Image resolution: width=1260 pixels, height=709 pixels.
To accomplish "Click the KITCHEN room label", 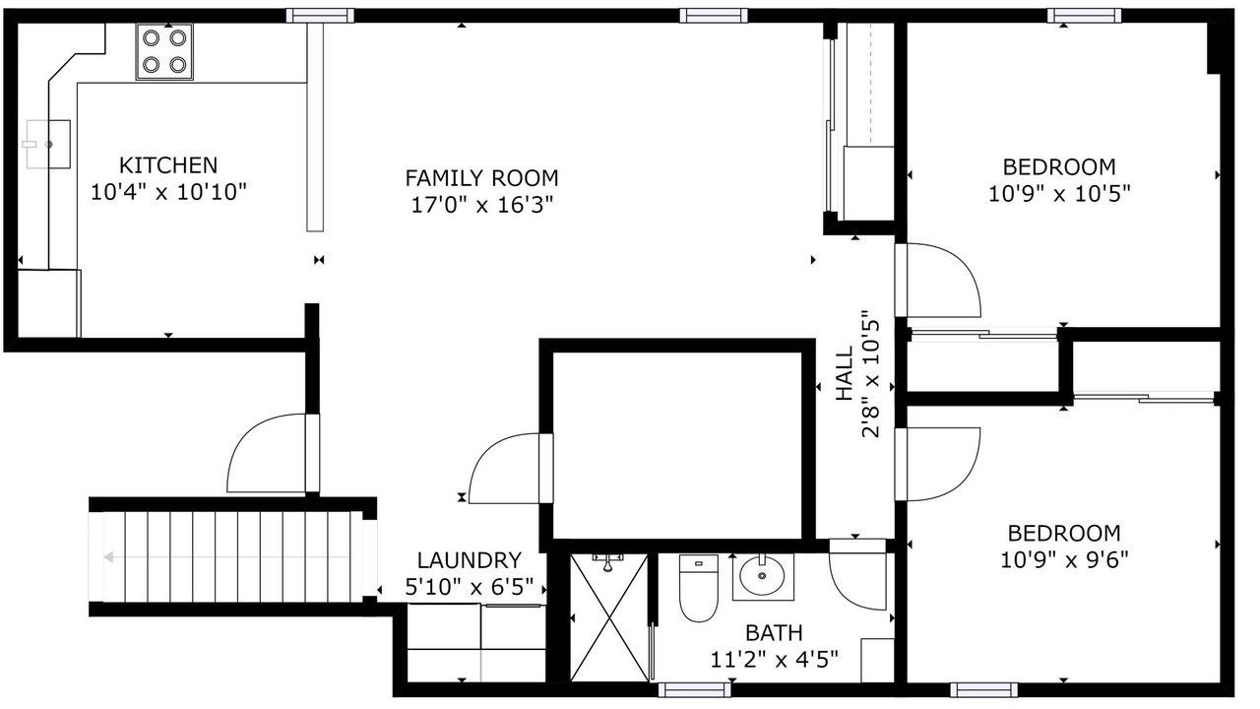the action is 168,165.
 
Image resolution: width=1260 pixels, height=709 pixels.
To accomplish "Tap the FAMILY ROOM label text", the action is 481,178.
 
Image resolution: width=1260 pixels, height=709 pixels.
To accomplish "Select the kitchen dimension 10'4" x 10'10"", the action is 168,192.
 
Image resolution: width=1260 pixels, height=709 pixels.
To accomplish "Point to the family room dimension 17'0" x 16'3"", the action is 482,206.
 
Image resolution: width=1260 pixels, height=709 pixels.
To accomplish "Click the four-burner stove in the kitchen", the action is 164,52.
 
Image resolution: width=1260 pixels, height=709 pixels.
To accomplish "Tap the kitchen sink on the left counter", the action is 48,144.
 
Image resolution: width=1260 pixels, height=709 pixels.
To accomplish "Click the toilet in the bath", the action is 699,588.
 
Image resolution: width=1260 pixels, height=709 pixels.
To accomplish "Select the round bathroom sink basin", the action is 762,576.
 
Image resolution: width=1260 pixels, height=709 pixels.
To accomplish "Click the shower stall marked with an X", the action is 609,617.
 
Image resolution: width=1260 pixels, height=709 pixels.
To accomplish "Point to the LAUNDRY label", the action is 470,560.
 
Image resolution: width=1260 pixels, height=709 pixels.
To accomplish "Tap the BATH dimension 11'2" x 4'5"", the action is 774,659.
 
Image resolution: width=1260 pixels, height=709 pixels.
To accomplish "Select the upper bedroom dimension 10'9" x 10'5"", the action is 1059,194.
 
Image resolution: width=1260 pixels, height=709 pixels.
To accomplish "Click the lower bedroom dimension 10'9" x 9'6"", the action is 1064,560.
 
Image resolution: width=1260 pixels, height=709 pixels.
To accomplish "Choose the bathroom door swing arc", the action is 850,597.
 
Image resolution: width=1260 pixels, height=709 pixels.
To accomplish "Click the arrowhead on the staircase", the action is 108,557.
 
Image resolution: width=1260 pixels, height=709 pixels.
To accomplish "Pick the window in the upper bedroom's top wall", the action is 1084,16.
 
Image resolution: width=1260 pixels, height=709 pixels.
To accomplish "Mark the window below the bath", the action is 694,690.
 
